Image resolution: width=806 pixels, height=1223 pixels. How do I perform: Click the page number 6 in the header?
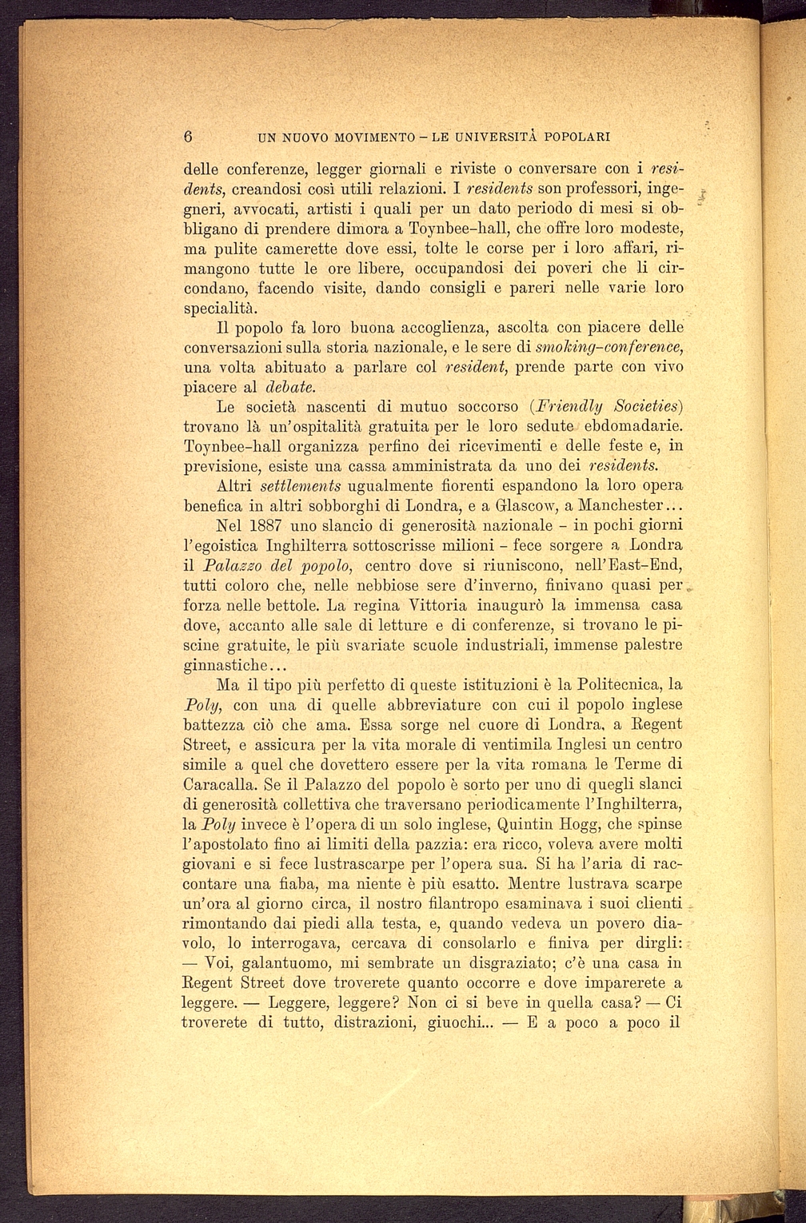point(189,136)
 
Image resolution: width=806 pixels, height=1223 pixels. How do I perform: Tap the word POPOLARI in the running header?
point(577,137)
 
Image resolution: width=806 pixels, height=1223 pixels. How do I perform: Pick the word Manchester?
point(623,507)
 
